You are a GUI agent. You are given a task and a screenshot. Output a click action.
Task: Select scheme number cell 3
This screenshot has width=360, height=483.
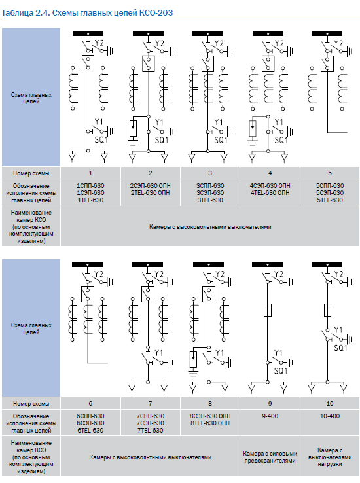[x=210, y=173]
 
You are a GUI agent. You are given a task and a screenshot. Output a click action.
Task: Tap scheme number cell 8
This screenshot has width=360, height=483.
[x=210, y=404]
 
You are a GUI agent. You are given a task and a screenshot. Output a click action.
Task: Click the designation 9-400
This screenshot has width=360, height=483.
[x=270, y=416]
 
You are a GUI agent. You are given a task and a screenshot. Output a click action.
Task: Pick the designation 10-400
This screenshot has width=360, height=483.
[x=330, y=416]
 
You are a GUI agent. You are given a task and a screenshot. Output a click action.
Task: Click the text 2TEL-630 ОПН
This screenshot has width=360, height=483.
[x=151, y=193]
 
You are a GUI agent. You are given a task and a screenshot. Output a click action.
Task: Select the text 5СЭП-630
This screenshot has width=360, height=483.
[x=330, y=193]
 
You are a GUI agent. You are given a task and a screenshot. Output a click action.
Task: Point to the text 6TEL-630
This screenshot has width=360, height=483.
[x=90, y=431]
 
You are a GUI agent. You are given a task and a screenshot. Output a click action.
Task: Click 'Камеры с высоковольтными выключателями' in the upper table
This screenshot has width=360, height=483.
[x=210, y=227]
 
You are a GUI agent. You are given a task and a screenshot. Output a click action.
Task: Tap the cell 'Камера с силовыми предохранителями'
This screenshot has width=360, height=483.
[x=270, y=457]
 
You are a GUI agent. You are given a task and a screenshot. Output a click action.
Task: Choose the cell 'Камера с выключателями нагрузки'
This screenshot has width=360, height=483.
[x=330, y=457]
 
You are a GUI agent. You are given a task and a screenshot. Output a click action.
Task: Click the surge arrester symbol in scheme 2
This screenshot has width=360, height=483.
[x=133, y=128]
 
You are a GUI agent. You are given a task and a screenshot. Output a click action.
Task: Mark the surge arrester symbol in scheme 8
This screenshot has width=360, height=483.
[x=193, y=359]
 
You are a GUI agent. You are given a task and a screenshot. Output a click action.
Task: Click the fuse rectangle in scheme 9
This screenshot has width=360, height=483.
[x=268, y=310]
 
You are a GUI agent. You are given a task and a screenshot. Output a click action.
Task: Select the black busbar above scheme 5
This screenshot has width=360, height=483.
[x=327, y=34]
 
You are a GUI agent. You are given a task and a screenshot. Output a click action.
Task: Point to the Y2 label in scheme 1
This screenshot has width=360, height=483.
[x=99, y=43]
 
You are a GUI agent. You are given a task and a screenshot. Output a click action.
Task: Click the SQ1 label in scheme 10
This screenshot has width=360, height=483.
[x=340, y=348]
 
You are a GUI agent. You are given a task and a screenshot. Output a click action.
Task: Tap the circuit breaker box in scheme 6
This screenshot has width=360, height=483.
[x=88, y=294]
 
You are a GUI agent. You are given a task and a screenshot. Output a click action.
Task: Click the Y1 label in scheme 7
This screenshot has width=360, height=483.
[x=158, y=353]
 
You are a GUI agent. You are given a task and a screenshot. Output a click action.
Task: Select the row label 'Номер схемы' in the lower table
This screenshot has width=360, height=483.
[x=31, y=404]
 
